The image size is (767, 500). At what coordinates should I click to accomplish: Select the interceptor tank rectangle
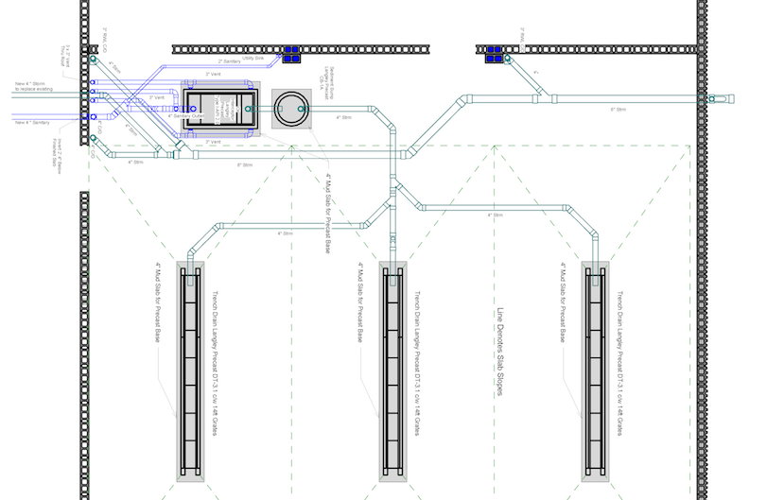pyautogui.click(x=218, y=110)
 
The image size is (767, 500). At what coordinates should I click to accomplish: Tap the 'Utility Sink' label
pyautogui.click(x=253, y=59)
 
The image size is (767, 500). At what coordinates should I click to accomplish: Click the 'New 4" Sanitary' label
pyautogui.click(x=34, y=122)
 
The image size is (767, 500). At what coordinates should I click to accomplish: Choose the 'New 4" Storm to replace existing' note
pyautogui.click(x=33, y=87)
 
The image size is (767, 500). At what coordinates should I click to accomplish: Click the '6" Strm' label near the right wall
pyautogui.click(x=619, y=110)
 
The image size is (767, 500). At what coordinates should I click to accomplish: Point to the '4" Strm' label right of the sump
pyautogui.click(x=344, y=118)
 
